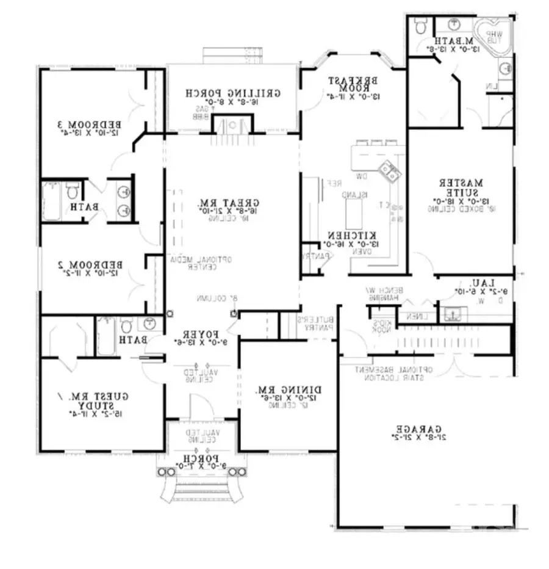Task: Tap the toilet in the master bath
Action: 420,26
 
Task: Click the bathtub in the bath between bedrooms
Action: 51,201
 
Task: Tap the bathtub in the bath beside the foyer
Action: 106,335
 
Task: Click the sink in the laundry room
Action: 453,314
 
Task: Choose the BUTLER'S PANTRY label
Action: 316,324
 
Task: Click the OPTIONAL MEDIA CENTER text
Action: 199,263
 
